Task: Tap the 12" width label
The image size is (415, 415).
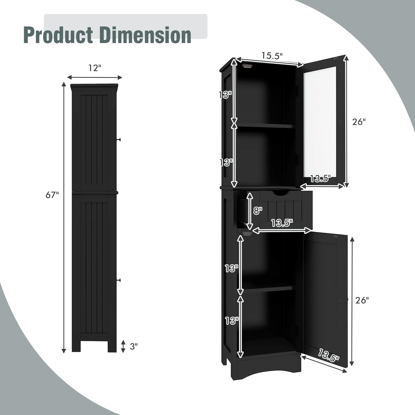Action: [94, 68]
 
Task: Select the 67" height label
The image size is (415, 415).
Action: [52, 195]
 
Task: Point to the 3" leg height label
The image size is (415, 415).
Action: [134, 346]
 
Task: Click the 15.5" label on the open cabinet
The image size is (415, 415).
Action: [272, 56]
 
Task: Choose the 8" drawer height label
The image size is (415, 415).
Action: [258, 211]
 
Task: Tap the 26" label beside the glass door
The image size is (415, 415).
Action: [359, 122]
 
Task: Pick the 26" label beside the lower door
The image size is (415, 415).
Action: [362, 300]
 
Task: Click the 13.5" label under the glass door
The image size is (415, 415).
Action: [320, 178]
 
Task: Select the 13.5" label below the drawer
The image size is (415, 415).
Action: [282, 223]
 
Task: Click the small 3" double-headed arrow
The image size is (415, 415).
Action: [123, 346]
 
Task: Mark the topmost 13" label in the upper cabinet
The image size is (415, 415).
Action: [225, 95]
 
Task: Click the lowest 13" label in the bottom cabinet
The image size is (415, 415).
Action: [231, 321]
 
